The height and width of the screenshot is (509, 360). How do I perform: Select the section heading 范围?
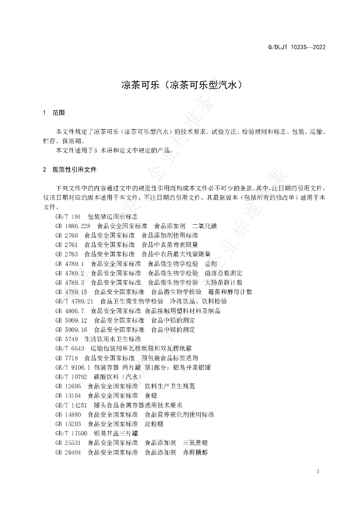click(59, 113)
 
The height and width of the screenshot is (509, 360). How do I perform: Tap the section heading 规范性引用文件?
click(75, 170)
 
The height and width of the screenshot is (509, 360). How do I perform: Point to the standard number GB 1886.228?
click(73, 226)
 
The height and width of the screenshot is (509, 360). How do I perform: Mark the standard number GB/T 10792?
click(72, 377)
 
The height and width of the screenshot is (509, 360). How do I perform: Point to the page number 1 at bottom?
click(318, 472)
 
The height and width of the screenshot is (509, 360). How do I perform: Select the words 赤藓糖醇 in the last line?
click(195, 453)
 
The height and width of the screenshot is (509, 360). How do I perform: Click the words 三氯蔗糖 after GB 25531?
click(195, 443)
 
